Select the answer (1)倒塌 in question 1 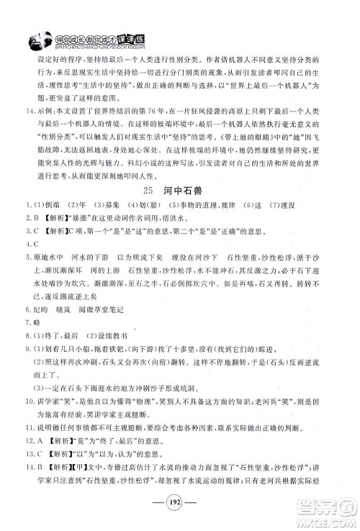[x=38, y=207]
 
